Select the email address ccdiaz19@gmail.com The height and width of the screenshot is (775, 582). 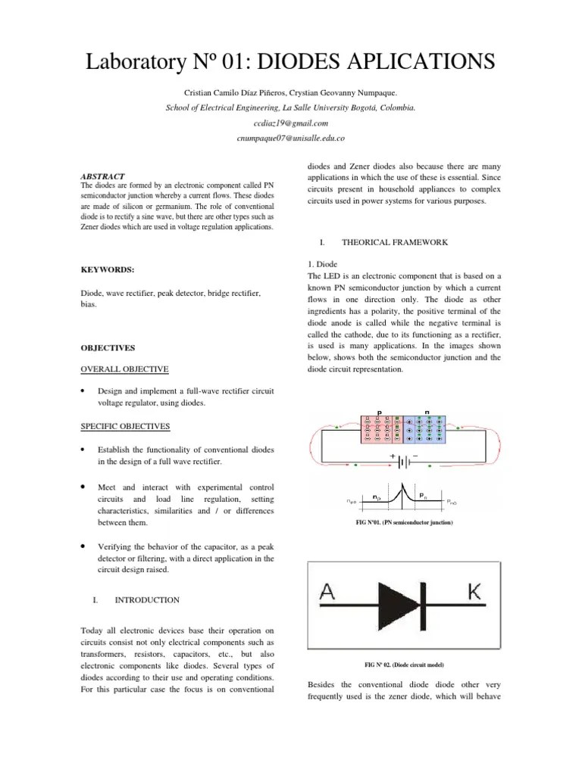click(290, 123)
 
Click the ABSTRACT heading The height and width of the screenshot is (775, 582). click(102, 176)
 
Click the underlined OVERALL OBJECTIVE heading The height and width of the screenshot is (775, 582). click(124, 369)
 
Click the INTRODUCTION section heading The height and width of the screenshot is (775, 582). click(146, 599)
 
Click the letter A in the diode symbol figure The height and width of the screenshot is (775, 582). click(329, 593)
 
